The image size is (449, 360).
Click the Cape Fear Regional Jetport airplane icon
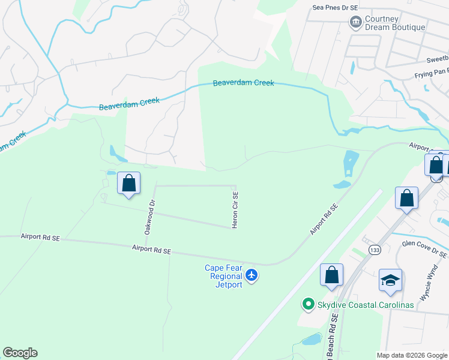pyautogui.click(x=252, y=275)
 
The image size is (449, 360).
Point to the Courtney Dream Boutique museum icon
pyautogui.click(x=355, y=22)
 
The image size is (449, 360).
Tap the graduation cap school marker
pyautogui.click(x=390, y=280)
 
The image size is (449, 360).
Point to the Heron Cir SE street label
pyautogui.click(x=235, y=210)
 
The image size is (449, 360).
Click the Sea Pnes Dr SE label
pyautogui.click(x=336, y=8)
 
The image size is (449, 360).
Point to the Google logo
pyautogui.click(x=20, y=353)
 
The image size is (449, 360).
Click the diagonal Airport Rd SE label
pyautogui.click(x=324, y=219)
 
